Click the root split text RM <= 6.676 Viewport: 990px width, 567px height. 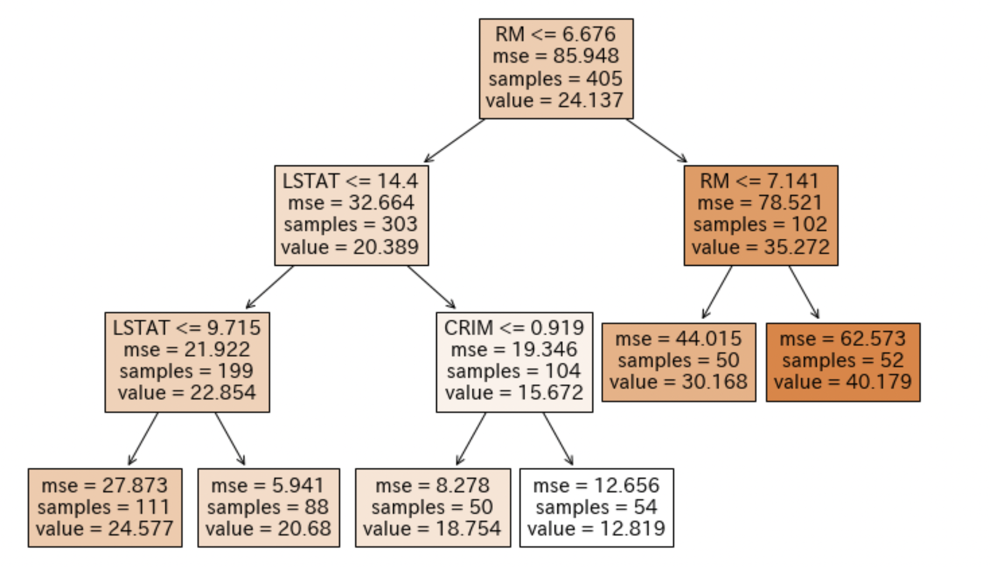coord(555,34)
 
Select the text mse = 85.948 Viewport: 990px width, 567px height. coord(555,56)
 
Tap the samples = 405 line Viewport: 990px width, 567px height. coord(555,79)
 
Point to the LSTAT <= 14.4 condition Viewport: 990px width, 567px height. coord(351,181)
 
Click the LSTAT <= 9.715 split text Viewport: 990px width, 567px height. coord(187,328)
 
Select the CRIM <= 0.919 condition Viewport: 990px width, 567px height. coord(514,328)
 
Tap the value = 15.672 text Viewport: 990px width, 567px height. coord(514,392)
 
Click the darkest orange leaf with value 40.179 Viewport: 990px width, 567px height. coord(843,362)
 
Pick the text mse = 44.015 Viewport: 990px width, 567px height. coord(678,338)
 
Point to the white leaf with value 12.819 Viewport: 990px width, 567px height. coord(596,508)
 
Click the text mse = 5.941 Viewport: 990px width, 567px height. coord(268,486)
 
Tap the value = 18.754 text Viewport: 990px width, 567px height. coord(432,529)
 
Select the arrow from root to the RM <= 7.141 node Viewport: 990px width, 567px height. coord(657,140)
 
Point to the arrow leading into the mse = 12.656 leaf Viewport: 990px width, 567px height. coord(557,439)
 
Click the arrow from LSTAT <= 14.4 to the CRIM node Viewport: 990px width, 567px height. coord(431,287)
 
